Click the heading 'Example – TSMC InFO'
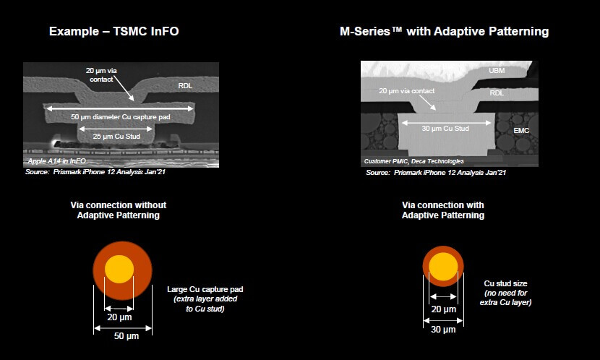point(114,31)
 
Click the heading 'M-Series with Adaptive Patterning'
point(445,31)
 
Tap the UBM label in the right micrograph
point(497,71)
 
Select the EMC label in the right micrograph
point(521,130)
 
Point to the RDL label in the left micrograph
point(185,86)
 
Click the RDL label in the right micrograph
point(497,93)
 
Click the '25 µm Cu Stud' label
point(116,136)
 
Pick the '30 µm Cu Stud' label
point(445,129)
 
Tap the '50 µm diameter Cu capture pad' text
point(120,117)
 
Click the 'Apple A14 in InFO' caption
point(56,161)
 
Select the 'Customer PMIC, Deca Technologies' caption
point(413,161)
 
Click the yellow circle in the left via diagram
point(119,270)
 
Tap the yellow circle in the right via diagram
point(443,267)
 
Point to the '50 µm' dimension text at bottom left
point(127,336)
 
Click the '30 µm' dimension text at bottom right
point(443,330)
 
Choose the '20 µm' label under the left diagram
point(119,317)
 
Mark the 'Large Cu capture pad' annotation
point(205,290)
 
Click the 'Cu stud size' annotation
point(505,283)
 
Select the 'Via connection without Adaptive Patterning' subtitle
point(119,210)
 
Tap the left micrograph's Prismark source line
point(95,172)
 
